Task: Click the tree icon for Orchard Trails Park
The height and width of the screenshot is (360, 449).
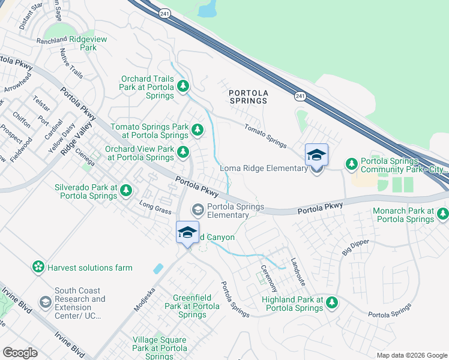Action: point(183,88)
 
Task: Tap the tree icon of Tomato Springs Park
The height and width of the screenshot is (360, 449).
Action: point(197,129)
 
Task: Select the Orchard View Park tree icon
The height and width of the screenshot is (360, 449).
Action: point(183,152)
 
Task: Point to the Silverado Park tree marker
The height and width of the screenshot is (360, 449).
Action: point(125,191)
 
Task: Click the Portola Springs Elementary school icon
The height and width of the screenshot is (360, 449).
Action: point(197,210)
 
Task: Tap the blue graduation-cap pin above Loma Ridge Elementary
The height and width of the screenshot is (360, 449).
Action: point(316,155)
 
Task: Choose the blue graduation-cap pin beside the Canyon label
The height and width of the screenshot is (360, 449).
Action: point(187,232)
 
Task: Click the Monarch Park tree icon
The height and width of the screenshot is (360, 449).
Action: point(442,214)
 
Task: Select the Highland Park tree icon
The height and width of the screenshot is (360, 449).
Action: point(331,304)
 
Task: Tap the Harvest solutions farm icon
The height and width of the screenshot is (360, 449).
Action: point(38,266)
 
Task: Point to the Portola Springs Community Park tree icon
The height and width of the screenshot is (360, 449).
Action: point(351,164)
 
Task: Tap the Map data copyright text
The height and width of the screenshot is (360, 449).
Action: point(412,355)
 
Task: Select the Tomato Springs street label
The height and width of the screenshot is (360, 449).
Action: point(265,134)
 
